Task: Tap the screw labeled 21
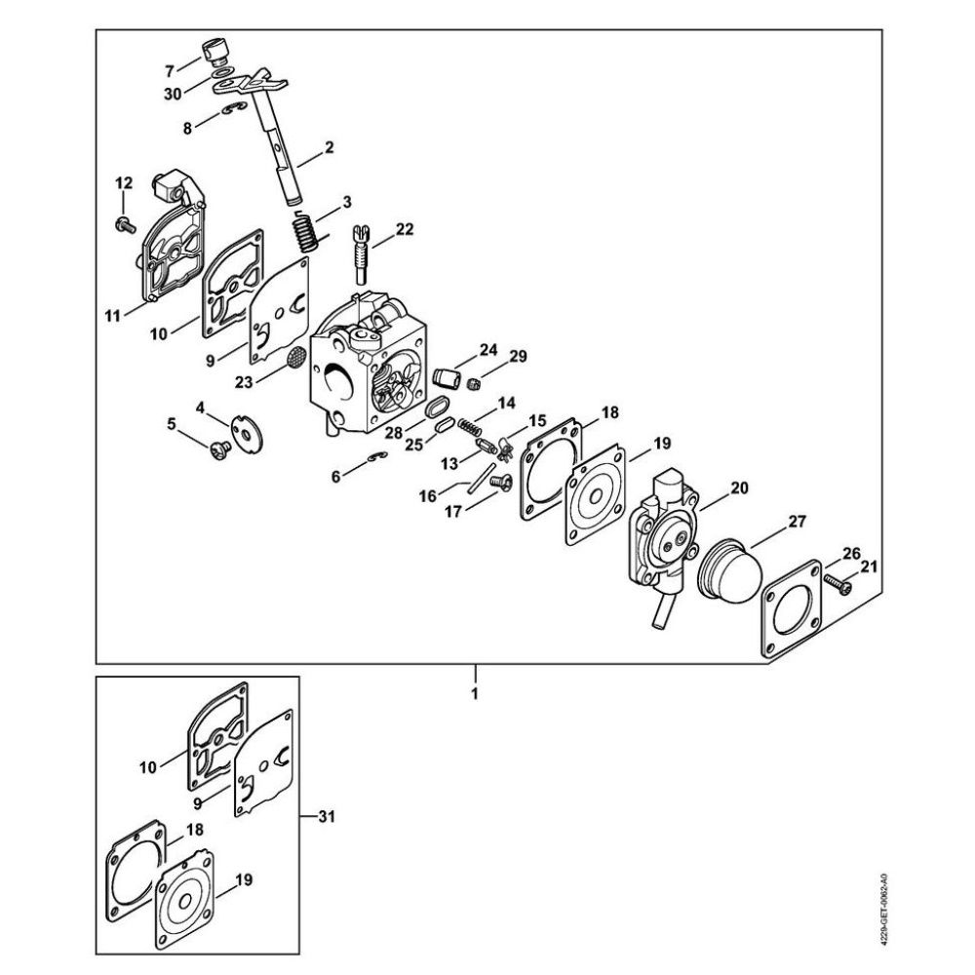838,582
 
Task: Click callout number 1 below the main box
476,695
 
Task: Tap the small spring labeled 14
470,425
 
